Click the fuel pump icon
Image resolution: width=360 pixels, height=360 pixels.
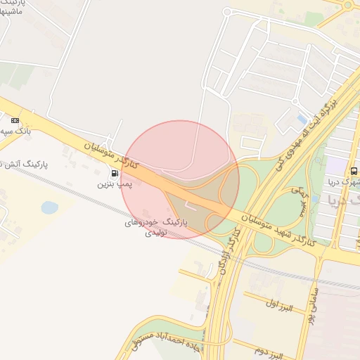pos(115,173)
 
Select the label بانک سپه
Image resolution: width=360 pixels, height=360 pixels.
pos(15,131)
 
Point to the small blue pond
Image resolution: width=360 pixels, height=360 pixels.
pos(49,207)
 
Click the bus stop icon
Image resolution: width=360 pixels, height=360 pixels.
pos(353,171)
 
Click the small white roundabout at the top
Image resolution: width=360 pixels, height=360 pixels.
pos(228,12)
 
